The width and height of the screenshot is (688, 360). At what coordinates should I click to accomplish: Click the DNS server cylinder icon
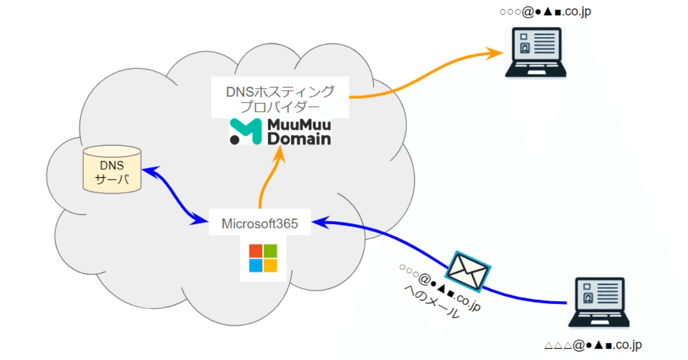click(112, 169)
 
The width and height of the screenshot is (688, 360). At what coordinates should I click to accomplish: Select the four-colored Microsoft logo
click(263, 258)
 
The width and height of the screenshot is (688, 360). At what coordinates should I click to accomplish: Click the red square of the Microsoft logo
click(255, 251)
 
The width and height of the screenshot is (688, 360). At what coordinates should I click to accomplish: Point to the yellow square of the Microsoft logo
click(270, 265)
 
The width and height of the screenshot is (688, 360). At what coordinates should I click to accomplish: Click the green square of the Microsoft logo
click(270, 251)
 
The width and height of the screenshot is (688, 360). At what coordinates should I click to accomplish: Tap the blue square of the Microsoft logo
click(255, 265)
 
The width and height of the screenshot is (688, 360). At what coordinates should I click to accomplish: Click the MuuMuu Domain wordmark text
click(299, 132)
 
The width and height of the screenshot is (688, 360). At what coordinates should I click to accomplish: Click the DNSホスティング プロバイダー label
click(279, 98)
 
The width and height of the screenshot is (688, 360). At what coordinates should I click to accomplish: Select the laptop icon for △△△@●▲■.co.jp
click(599, 303)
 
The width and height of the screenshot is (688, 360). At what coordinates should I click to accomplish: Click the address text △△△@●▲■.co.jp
click(593, 345)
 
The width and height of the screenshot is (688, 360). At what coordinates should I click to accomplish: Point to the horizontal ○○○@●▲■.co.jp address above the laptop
click(545, 11)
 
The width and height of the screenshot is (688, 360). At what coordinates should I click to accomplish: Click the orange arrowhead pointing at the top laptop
click(496, 52)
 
